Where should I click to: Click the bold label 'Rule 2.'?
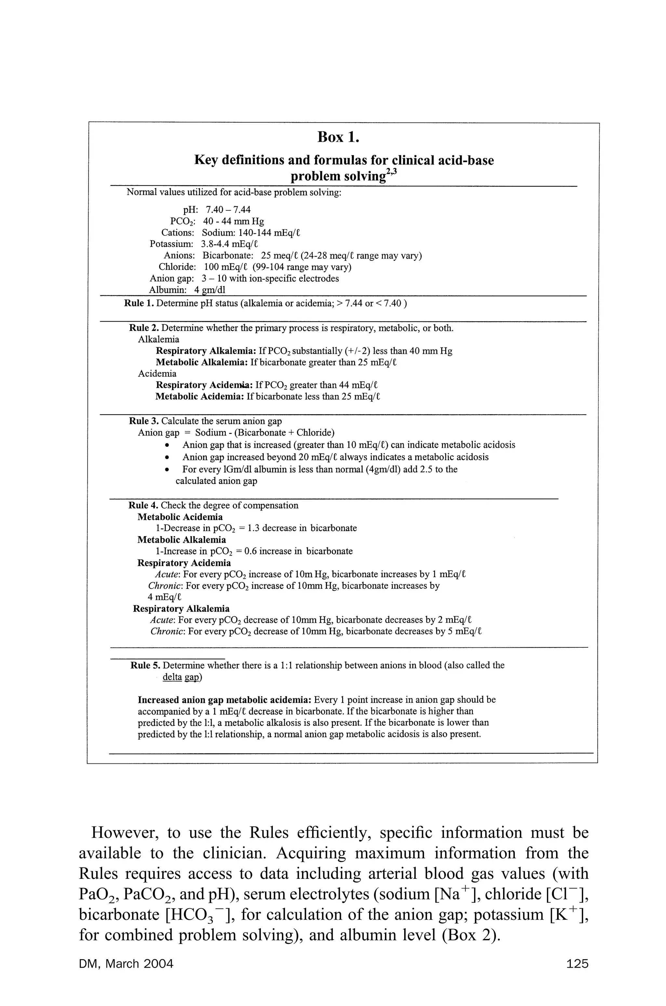[144, 328]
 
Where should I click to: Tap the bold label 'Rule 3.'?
[144, 421]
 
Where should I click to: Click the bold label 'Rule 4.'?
[143, 506]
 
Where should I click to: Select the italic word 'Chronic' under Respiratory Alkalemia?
[167, 631]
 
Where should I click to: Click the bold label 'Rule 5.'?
[145, 666]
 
